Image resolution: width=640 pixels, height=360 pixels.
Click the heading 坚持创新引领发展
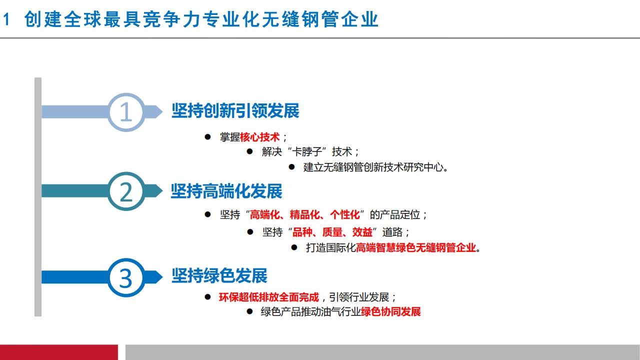click(235, 111)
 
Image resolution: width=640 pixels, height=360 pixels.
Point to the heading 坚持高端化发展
click(226, 191)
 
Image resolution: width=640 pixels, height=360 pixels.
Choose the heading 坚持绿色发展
click(219, 275)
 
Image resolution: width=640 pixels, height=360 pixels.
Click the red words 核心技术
click(259, 137)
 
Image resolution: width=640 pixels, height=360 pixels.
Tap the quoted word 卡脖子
click(307, 151)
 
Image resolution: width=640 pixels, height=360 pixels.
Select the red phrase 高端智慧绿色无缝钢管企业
click(415, 247)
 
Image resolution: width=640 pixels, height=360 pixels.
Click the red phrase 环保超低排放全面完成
click(269, 297)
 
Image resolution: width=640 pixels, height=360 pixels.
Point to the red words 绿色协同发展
click(390, 311)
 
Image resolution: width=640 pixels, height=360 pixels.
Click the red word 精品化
click(304, 214)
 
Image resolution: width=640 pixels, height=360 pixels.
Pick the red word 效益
click(362, 232)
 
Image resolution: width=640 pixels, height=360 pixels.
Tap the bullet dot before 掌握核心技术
click(207, 137)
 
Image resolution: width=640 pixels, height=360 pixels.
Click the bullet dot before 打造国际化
click(294, 247)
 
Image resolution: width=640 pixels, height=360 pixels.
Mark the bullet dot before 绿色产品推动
click(249, 311)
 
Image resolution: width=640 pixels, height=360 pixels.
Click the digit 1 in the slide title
click(6, 19)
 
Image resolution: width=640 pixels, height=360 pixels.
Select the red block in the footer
click(59, 352)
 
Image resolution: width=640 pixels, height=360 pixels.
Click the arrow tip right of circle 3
click(162, 277)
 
